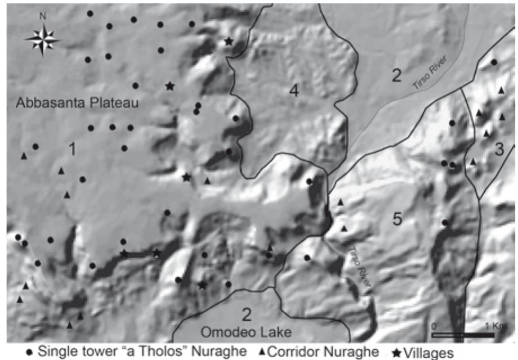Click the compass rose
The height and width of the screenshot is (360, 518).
coord(42,39)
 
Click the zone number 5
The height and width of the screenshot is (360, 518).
coord(398,219)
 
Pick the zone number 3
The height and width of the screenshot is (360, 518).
coord(499,150)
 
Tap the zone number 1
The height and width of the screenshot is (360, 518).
coord(72,148)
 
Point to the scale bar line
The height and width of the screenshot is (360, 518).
coord(463,336)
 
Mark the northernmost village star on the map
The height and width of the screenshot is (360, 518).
coord(229,41)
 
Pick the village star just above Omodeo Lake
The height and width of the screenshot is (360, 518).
coord(202,285)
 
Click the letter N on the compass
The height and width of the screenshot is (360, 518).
coord(42,16)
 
